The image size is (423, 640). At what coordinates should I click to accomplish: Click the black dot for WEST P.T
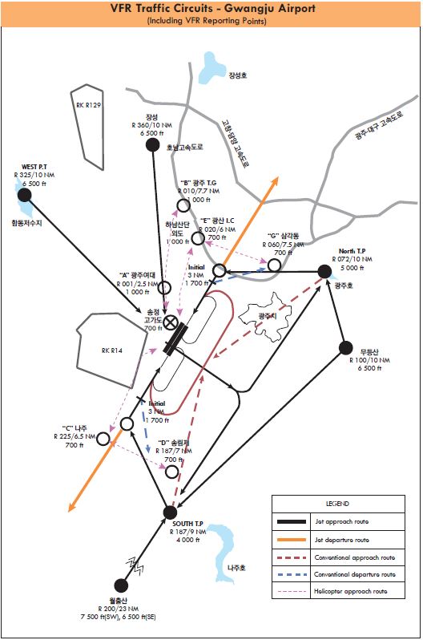[25, 195]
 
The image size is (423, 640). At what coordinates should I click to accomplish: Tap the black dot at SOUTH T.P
[170, 512]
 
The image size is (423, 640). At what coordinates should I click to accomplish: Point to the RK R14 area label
[111, 350]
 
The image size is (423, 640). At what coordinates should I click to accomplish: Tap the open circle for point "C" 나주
[127, 423]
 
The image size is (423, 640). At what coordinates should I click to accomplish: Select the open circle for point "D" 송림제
[171, 472]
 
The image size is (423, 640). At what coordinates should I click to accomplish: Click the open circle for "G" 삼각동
[275, 265]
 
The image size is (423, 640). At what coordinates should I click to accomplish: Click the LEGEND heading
[337, 503]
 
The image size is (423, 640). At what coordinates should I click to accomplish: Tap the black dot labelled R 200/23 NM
[121, 586]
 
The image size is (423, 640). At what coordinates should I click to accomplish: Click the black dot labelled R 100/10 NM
[346, 348]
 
